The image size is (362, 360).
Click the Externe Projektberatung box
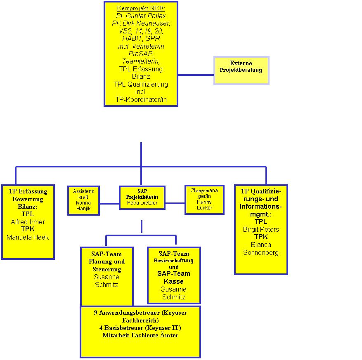241,71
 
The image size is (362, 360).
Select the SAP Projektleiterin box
142,198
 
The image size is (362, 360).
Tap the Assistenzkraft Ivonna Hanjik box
83,200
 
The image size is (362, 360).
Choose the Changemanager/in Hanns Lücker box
204,199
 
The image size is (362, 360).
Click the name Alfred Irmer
28,222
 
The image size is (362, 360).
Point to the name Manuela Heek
28,237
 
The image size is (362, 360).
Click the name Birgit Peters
261,229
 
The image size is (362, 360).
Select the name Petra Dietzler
142,202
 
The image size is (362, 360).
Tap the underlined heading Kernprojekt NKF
141,8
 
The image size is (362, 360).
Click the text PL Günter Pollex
141,16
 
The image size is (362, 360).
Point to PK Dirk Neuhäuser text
141,23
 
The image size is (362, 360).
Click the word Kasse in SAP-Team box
173,281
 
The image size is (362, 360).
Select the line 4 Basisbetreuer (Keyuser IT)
140,327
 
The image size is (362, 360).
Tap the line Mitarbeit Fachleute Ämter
140,335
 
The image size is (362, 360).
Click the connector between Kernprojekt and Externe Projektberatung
196,75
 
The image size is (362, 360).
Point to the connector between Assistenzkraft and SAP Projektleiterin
109,203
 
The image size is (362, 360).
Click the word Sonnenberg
261,252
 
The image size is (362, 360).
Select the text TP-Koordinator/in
141,99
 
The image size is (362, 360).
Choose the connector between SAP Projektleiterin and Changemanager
175,203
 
